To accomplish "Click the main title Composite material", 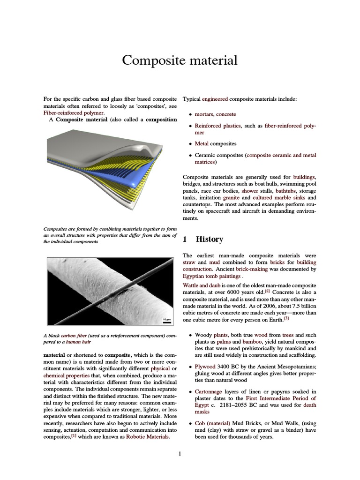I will [x=180, y=60].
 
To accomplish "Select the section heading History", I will [x=209, y=239].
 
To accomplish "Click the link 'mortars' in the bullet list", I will [x=204, y=114].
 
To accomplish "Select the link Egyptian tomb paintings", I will [x=209, y=276].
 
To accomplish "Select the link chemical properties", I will [x=64, y=376].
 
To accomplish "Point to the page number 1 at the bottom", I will [x=180, y=453].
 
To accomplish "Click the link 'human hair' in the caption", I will [x=78, y=342].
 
